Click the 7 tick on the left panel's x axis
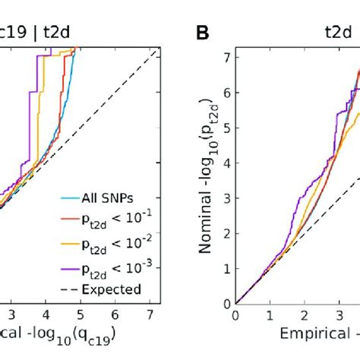[x=150, y=313]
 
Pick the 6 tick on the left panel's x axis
[x=115, y=313]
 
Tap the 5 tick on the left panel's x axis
[x=80, y=313]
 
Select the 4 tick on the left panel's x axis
[x=45, y=313]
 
